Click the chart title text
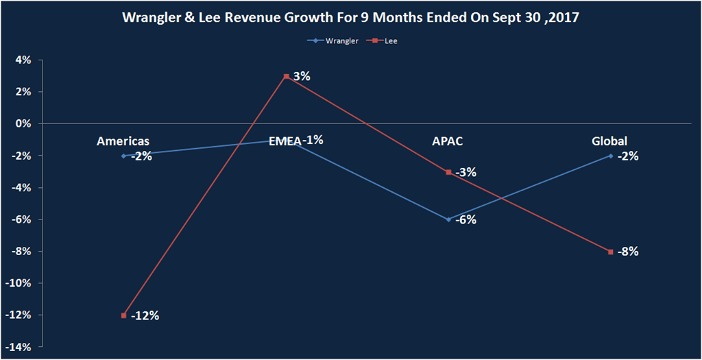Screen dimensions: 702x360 (351, 19)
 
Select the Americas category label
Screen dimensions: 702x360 (123, 141)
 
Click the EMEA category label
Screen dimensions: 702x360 (285, 141)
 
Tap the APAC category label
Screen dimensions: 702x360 (448, 141)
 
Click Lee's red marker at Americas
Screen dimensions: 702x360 (123, 315)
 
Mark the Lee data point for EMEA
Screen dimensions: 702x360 (286, 76)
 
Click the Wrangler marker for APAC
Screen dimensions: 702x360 (448, 219)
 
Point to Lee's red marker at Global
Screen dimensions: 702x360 (611, 252)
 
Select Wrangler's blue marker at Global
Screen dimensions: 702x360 (611, 156)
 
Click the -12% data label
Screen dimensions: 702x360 (145, 315)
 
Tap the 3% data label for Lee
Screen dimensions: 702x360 (302, 77)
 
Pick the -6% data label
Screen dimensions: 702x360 (465, 220)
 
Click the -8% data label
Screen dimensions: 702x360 (628, 252)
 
